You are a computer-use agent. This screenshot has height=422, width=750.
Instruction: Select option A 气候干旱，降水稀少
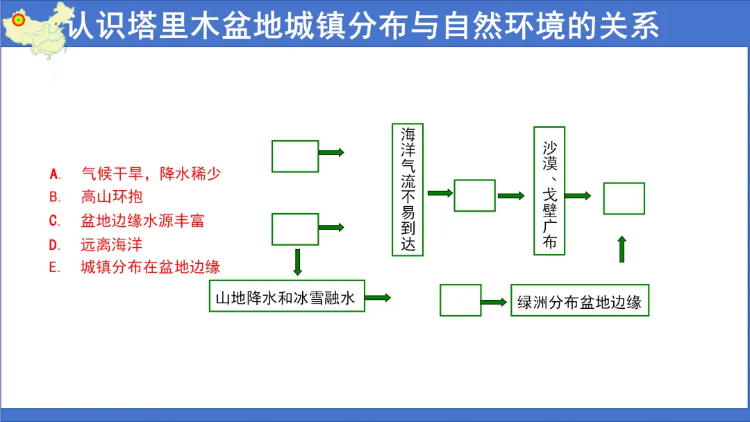[151, 174]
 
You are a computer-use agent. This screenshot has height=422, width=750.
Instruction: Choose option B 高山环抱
[111, 197]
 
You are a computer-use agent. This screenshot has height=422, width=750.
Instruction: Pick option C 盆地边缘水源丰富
[142, 221]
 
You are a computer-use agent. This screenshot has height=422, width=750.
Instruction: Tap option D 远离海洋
[111, 244]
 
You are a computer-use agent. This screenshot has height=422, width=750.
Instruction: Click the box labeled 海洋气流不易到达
[408, 189]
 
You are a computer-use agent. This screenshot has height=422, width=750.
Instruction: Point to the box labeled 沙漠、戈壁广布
[549, 191]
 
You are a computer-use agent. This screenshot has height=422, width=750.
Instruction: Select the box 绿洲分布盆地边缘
[579, 301]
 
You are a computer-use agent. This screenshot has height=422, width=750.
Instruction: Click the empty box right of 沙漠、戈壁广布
[624, 199]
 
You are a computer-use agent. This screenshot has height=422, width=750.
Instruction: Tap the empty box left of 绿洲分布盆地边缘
[460, 300]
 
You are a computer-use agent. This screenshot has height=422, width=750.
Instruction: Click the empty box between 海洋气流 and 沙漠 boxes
[474, 195]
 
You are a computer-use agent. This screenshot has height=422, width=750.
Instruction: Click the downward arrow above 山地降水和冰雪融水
[298, 261]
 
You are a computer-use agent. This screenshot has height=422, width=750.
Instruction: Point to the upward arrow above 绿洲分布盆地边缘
[622, 248]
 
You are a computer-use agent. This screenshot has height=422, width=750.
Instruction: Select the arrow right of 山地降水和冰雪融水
[378, 297]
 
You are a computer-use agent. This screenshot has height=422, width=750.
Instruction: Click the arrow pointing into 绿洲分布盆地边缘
[494, 302]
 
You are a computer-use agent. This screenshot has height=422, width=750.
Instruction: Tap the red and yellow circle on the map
[19, 20]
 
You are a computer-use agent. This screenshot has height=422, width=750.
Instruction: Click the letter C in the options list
[56, 221]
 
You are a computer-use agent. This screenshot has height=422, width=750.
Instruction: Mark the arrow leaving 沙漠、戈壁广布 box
[578, 196]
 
